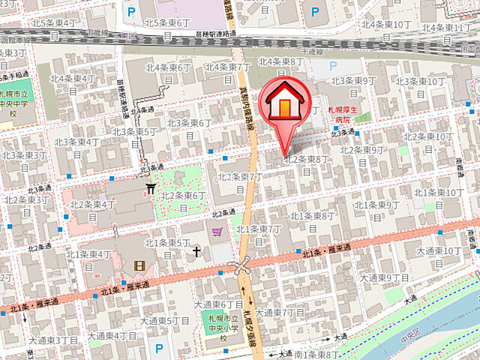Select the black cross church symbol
tap(197, 251)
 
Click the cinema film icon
tap(139, 265)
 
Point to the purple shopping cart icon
tap(217, 232)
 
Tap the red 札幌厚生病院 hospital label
tap(343, 114)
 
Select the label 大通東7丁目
tap(280, 313)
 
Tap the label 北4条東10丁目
tap(386, 25)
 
